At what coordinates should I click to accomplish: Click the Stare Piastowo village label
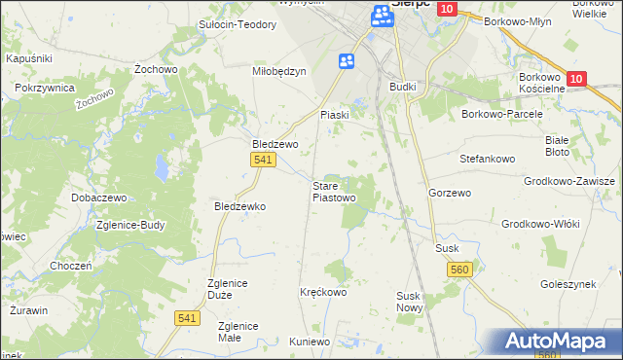(333, 191)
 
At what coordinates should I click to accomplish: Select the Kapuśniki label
(29, 59)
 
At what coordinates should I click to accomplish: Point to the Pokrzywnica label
(46, 88)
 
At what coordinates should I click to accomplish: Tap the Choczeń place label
(71, 266)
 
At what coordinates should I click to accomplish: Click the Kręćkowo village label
(323, 292)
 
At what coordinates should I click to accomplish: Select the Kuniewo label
(311, 342)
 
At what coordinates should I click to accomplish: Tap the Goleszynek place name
(567, 284)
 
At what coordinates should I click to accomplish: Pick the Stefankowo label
(486, 156)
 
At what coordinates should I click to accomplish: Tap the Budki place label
(402, 87)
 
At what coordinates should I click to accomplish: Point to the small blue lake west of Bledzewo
(158, 172)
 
